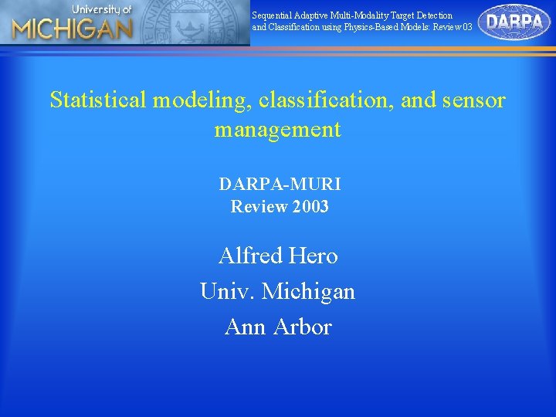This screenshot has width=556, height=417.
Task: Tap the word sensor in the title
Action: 475,100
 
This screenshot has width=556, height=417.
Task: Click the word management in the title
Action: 277,129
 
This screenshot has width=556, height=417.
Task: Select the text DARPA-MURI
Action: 279,184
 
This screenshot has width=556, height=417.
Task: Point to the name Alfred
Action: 248,255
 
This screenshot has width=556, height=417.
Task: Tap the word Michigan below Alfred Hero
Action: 308,291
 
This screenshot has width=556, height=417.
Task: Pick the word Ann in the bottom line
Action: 242,327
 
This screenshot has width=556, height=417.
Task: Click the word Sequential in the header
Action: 273,15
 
